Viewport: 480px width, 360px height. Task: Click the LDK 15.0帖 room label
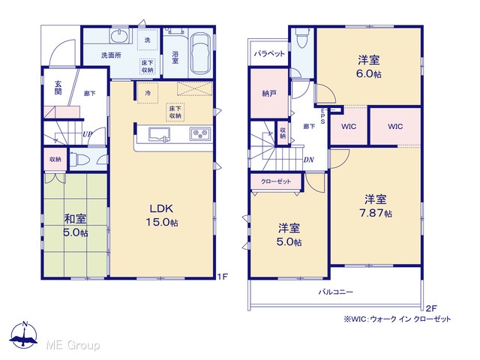(x=162, y=215)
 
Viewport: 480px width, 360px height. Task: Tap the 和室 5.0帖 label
(x=75, y=226)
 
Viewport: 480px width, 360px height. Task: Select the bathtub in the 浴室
(x=200, y=53)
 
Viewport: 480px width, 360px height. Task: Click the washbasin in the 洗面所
(x=120, y=37)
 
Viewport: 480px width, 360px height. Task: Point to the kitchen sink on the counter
(x=159, y=134)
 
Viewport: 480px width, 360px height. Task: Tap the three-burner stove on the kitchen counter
(x=200, y=133)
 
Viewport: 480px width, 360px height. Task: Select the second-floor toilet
(x=302, y=38)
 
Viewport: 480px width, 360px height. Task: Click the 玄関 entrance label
(x=58, y=88)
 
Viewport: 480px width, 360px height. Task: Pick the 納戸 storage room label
(x=269, y=93)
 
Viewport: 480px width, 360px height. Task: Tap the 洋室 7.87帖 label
(x=375, y=205)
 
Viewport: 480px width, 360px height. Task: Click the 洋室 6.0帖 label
(x=369, y=67)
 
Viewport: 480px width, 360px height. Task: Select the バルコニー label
(x=336, y=292)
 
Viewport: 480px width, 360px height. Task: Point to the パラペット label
(x=269, y=54)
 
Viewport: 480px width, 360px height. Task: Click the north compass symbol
(x=24, y=335)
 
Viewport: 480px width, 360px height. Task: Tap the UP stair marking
(x=87, y=134)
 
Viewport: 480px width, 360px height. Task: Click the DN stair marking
(x=308, y=160)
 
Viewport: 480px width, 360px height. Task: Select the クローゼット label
(x=276, y=181)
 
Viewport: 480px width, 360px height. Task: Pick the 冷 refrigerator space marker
(x=148, y=93)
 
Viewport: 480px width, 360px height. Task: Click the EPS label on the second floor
(x=322, y=116)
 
